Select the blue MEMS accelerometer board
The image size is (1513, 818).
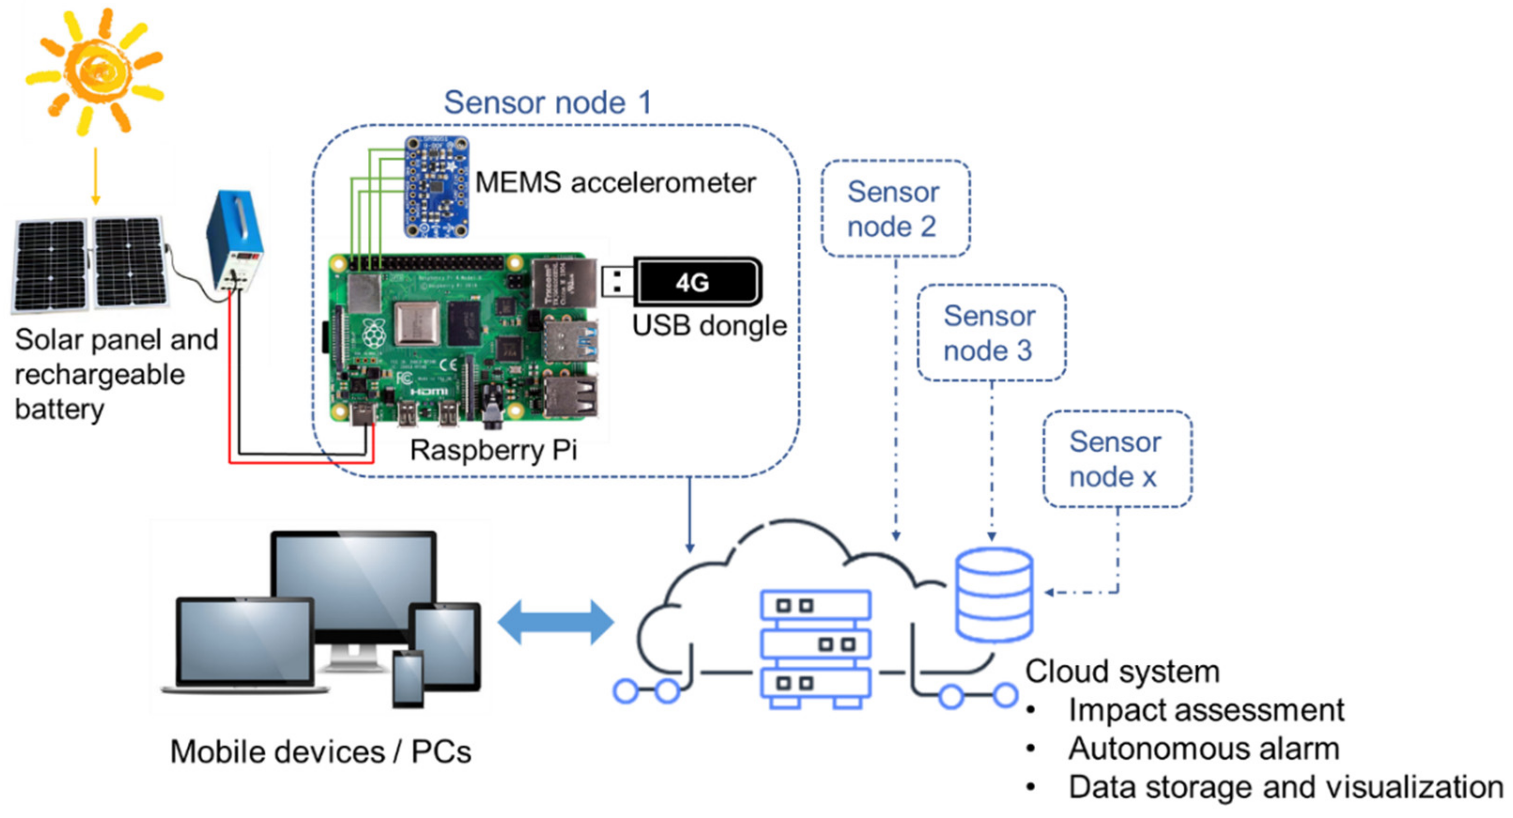pyautogui.click(x=436, y=187)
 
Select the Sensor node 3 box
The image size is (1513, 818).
pyautogui.click(x=991, y=333)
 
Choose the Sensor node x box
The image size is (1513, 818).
pyautogui.click(x=1117, y=458)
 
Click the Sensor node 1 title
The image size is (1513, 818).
pyautogui.click(x=547, y=103)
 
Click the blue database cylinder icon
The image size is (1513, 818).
pyautogui.click(x=993, y=594)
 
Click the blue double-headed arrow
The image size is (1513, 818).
pyautogui.click(x=555, y=622)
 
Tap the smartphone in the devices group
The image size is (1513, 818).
pyautogui.click(x=408, y=679)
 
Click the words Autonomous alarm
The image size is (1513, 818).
pyautogui.click(x=1203, y=749)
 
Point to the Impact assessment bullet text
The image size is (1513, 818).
pyautogui.click(x=1205, y=710)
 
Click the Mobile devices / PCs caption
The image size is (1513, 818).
pyautogui.click(x=321, y=752)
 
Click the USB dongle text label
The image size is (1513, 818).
pyautogui.click(x=709, y=326)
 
